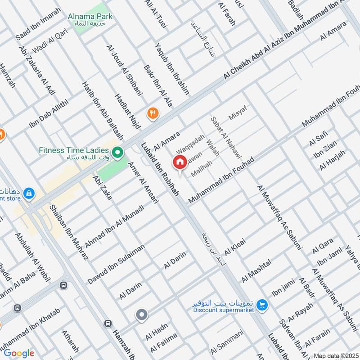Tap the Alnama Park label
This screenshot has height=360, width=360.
point(90,17)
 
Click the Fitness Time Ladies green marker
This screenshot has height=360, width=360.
point(117,153)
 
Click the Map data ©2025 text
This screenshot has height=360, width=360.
point(335,356)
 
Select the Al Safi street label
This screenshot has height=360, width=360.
point(318,137)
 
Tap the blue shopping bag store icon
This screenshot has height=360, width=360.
point(28,193)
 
